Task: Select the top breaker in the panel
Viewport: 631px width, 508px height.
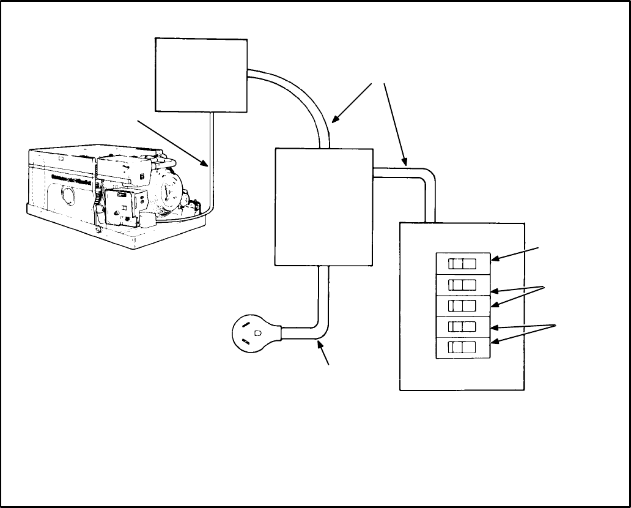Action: (x=462, y=264)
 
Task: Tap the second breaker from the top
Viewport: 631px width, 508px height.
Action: (x=462, y=285)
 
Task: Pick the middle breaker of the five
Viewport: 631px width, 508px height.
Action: (x=462, y=305)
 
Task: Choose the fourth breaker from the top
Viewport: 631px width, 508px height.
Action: (x=462, y=326)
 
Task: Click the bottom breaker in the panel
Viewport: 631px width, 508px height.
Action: (x=462, y=347)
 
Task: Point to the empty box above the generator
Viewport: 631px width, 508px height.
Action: (x=201, y=75)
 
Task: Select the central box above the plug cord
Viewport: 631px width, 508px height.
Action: (x=323, y=206)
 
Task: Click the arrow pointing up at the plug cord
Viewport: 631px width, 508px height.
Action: (x=324, y=353)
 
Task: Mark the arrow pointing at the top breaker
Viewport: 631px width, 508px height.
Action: (x=515, y=254)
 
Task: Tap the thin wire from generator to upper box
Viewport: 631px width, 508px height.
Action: (x=210, y=165)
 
